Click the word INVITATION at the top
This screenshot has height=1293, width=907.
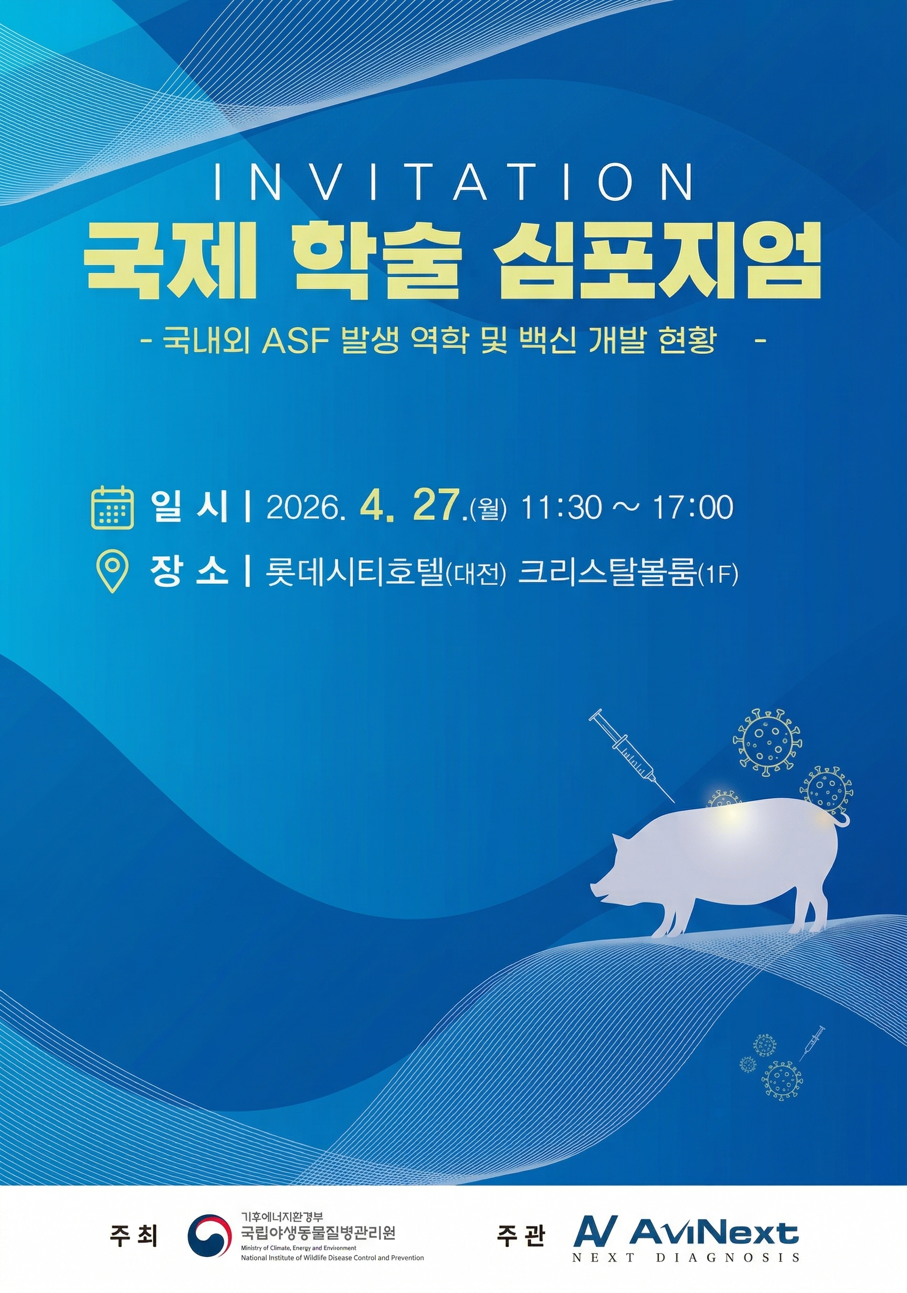pyautogui.click(x=453, y=182)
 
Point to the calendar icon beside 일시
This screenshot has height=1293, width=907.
pyautogui.click(x=113, y=508)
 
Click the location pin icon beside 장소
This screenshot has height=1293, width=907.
pyautogui.click(x=113, y=570)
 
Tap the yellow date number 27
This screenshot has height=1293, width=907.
pyautogui.click(x=436, y=506)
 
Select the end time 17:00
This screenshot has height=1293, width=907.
pyautogui.click(x=693, y=507)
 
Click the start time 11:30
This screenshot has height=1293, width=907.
pyautogui.click(x=560, y=507)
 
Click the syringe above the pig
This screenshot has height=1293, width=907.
pyautogui.click(x=631, y=755)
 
